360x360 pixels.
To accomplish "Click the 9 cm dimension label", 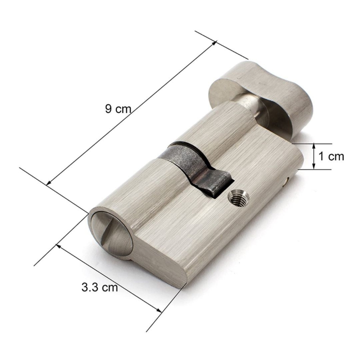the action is point(118,108).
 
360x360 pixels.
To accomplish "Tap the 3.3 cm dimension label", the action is point(99,287).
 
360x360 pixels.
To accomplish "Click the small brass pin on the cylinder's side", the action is point(285,182).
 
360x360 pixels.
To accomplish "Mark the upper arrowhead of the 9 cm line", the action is point(215,43).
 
